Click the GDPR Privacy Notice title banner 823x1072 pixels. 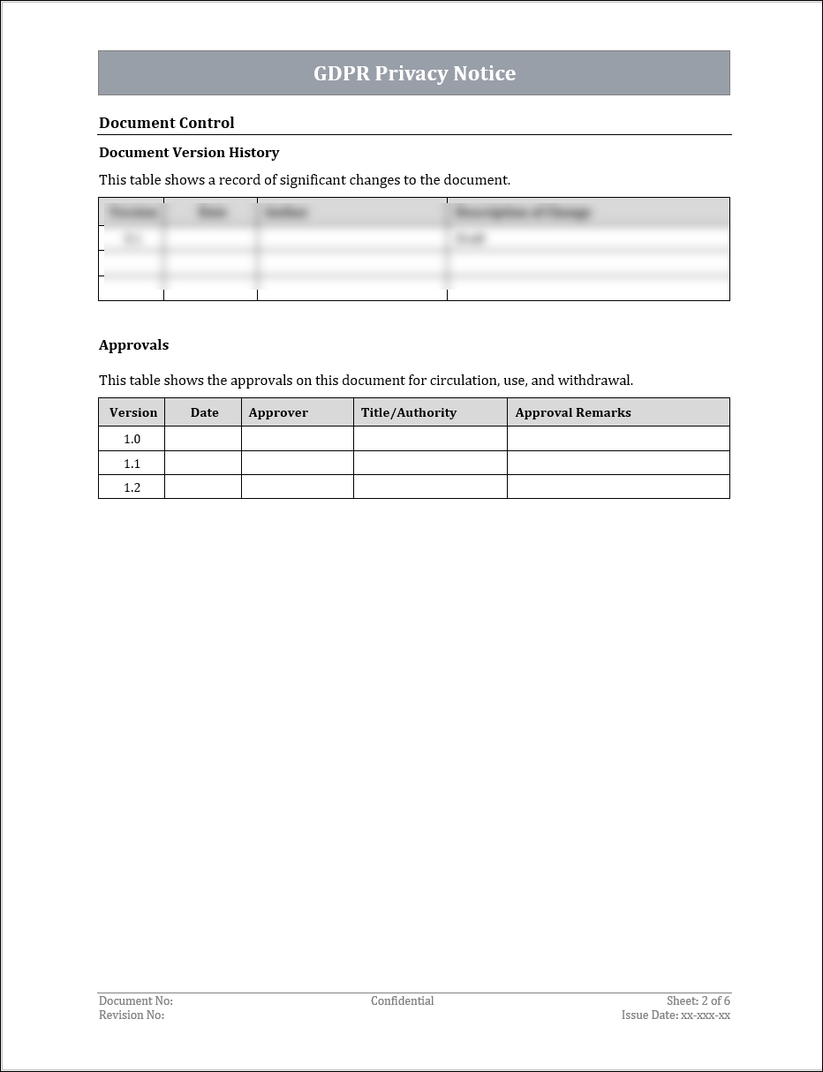pos(414,73)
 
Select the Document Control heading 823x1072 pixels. pos(167,123)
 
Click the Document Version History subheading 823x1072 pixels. pos(189,153)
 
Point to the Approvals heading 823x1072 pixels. pos(133,345)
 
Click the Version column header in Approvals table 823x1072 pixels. pos(132,412)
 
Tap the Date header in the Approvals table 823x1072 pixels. pos(204,412)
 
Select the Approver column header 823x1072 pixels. pos(278,412)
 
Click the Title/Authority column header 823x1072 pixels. pos(409,412)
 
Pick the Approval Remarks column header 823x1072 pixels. pos(573,412)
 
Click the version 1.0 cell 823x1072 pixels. pos(132,439)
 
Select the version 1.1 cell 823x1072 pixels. pos(132,464)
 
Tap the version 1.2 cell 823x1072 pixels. pos(132,487)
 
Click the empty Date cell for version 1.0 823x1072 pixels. pos(203,439)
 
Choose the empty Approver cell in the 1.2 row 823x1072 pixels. pos(298,487)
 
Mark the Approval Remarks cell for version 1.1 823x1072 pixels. pos(618,464)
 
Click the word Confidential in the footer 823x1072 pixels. pos(402,1001)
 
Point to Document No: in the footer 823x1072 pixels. pos(136,1001)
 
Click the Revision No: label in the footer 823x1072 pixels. pos(132,1015)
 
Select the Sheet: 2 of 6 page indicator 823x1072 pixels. pos(698,1001)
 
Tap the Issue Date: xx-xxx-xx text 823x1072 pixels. pos(676,1015)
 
